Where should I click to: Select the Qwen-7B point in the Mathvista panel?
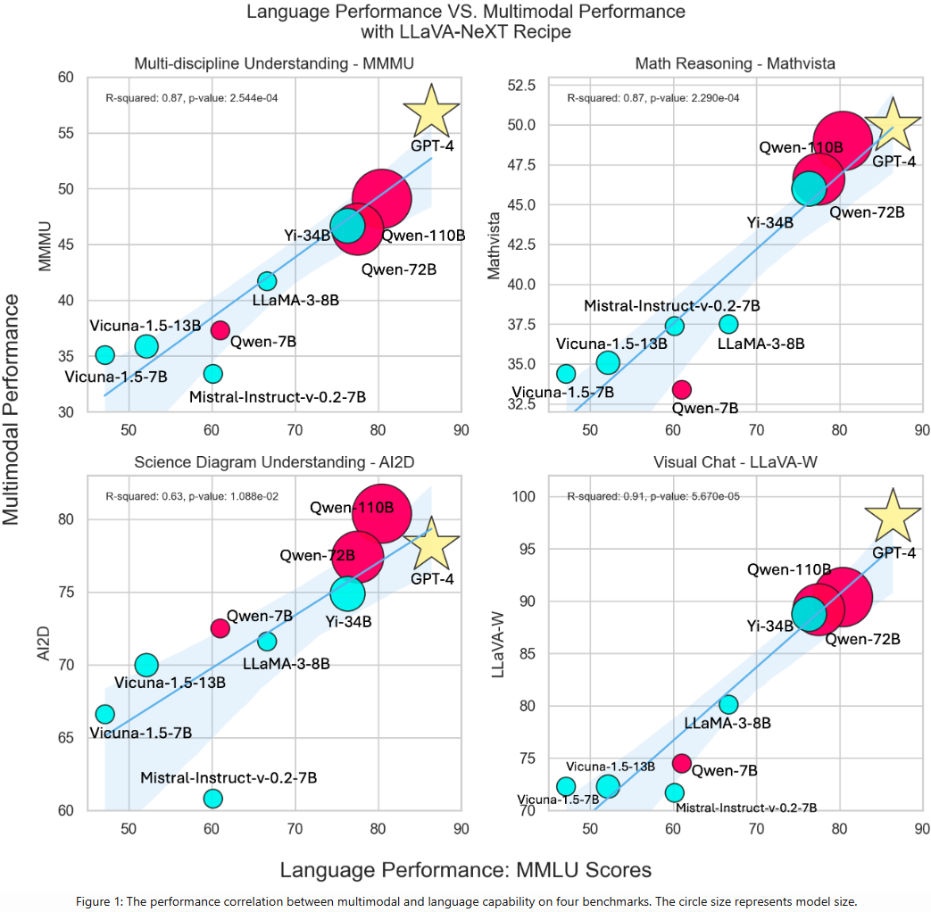[x=681, y=389]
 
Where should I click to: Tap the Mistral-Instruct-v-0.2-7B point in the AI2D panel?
[x=212, y=798]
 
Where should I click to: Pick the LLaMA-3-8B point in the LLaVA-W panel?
[x=728, y=704]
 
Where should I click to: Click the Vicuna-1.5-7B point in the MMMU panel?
[x=105, y=355]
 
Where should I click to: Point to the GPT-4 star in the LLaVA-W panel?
[x=893, y=516]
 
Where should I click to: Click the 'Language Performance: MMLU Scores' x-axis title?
[x=465, y=869]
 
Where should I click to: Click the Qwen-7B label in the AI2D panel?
[x=260, y=616]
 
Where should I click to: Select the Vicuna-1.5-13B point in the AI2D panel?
[x=146, y=665]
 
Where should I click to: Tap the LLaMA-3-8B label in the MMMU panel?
[x=295, y=300]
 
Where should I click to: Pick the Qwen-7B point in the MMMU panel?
[x=220, y=330]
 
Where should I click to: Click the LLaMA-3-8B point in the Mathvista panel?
[x=728, y=324]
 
